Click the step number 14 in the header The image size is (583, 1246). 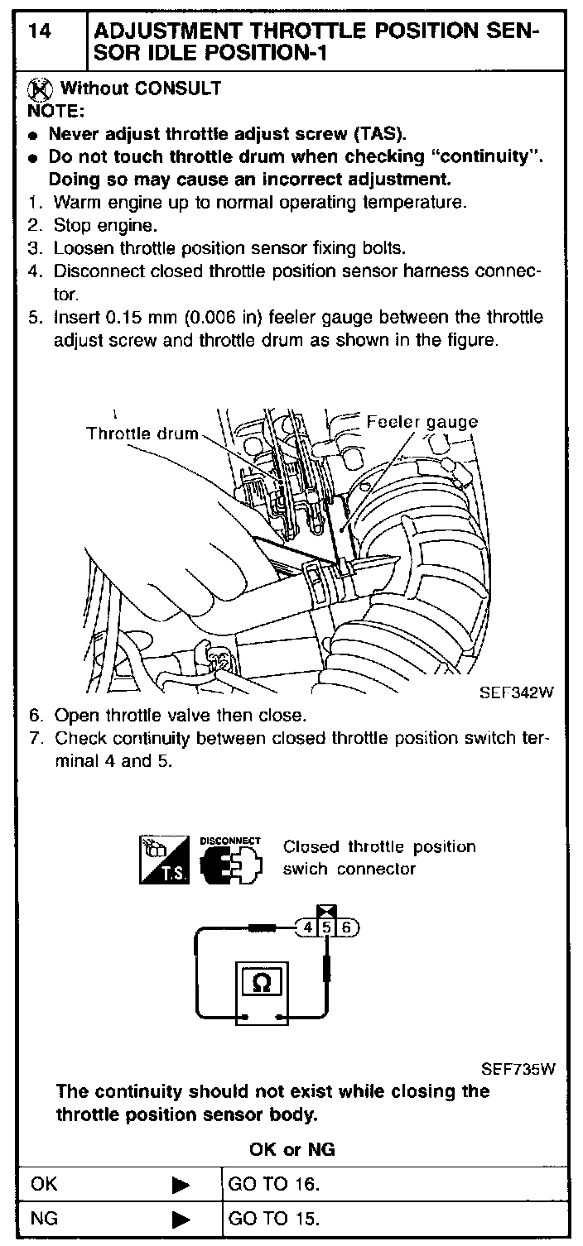[41, 32]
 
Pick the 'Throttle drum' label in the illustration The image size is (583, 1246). [142, 434]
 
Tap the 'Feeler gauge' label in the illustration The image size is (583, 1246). [422, 422]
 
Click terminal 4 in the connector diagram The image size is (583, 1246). [308, 927]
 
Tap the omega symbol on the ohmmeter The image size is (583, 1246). [261, 982]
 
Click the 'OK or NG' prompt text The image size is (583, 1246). [291, 1150]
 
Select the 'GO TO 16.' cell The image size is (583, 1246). [273, 1184]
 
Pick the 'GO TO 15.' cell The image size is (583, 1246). [273, 1218]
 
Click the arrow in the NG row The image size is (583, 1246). [181, 1219]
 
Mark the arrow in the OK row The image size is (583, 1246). [181, 1185]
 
